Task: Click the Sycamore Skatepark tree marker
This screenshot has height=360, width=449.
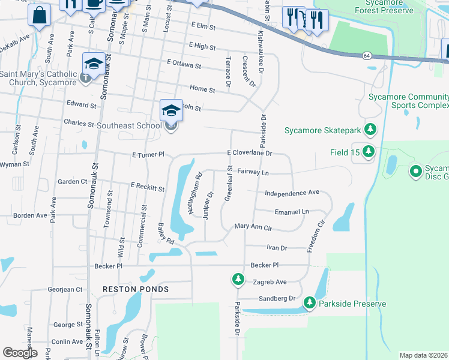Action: [371, 129]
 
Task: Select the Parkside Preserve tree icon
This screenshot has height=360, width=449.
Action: [310, 303]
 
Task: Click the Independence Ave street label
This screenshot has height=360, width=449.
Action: [292, 193]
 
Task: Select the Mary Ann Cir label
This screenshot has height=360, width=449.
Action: [253, 228]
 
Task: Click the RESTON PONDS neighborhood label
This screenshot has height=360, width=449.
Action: [136, 289]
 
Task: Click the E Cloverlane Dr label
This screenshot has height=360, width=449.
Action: [250, 153]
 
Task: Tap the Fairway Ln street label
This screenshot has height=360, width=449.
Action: [253, 172]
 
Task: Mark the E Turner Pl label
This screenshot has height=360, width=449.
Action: [148, 155]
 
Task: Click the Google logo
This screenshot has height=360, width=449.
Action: [20, 353]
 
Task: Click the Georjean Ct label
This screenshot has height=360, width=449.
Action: [65, 289]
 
